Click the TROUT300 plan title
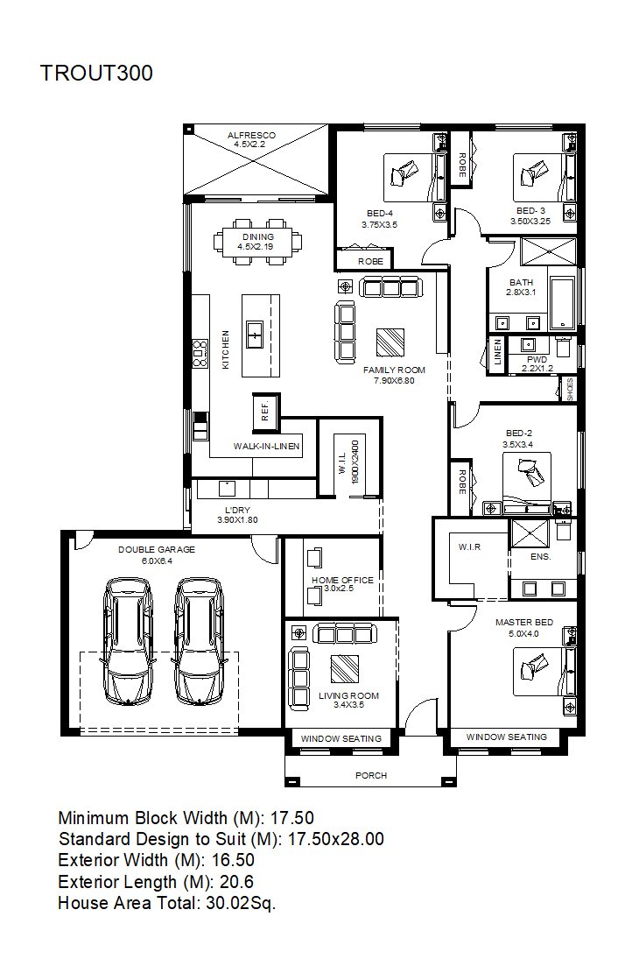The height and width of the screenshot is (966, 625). (96, 73)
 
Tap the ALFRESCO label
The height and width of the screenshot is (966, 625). (251, 135)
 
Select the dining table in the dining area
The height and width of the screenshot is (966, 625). (258, 241)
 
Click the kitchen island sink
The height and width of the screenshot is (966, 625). (255, 334)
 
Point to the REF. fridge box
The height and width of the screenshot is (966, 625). (266, 412)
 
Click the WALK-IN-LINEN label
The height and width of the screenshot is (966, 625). (267, 446)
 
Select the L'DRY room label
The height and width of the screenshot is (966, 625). (237, 510)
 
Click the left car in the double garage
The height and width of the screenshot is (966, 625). (128, 641)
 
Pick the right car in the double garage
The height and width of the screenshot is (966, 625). (198, 641)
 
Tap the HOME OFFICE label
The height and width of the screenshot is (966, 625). (342, 580)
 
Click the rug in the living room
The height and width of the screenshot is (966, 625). (345, 668)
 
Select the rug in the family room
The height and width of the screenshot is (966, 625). (390, 342)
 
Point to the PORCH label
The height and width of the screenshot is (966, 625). (371, 775)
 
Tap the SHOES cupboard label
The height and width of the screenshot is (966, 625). (570, 390)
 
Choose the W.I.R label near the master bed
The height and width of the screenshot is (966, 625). (470, 546)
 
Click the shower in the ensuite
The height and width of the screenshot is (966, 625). (530, 533)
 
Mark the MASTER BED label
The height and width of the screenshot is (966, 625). (524, 622)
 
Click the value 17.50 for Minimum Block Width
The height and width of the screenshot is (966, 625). (292, 818)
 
